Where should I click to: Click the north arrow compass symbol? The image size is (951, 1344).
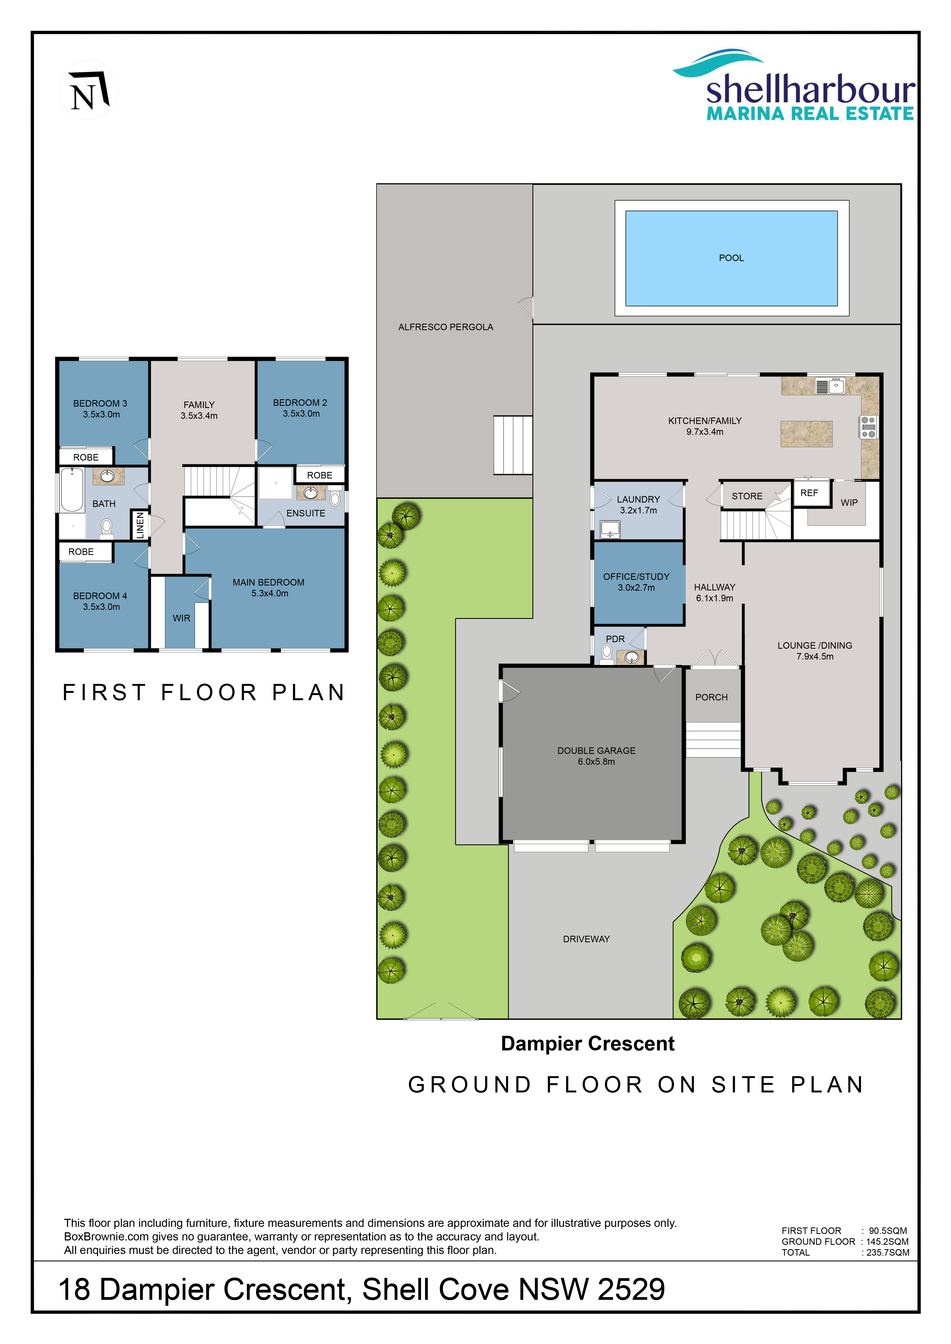pos(88,90)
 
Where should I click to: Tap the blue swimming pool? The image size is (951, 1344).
pos(731,258)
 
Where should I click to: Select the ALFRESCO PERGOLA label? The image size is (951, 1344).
pos(446,327)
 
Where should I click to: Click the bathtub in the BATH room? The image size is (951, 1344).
pos(72,490)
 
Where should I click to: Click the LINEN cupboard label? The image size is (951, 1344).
pos(139,525)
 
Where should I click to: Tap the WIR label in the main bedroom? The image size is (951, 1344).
pos(181,618)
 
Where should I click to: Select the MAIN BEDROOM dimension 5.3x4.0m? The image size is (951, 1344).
pos(270,594)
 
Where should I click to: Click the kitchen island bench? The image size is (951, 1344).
pos(806,434)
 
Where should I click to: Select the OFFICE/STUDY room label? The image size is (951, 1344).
pos(637,577)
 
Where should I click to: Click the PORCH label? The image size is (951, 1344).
pos(711,697)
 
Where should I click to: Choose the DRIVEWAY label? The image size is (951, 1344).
pos(586,939)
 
